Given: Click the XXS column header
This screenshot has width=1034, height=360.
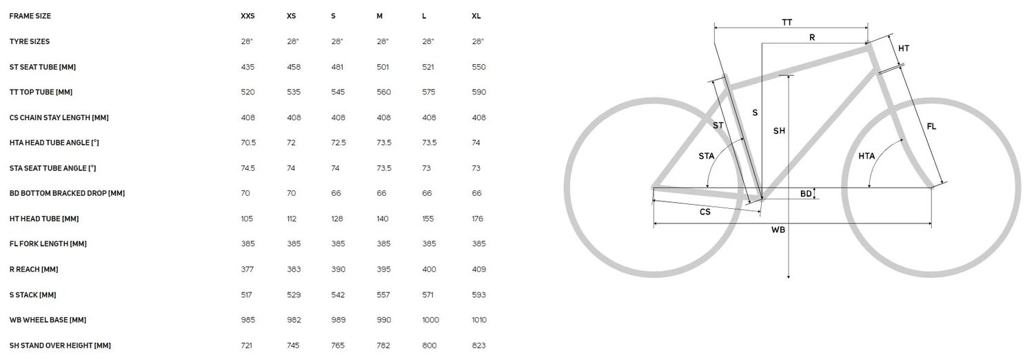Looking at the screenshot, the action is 247,16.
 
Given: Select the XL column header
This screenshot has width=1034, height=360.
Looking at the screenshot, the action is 476,16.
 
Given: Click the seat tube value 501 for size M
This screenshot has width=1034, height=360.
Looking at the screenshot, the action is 383,67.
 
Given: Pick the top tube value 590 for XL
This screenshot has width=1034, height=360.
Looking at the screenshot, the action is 478,92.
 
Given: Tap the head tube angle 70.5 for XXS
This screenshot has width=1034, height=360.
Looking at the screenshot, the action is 248,143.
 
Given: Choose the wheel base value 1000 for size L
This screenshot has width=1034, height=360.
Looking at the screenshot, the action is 430,320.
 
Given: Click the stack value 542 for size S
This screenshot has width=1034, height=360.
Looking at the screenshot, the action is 338,295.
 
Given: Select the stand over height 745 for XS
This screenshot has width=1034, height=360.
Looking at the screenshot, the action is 293,346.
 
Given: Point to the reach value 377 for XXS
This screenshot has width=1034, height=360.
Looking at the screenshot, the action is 247,269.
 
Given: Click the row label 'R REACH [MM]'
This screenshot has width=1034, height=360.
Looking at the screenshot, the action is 34,270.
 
